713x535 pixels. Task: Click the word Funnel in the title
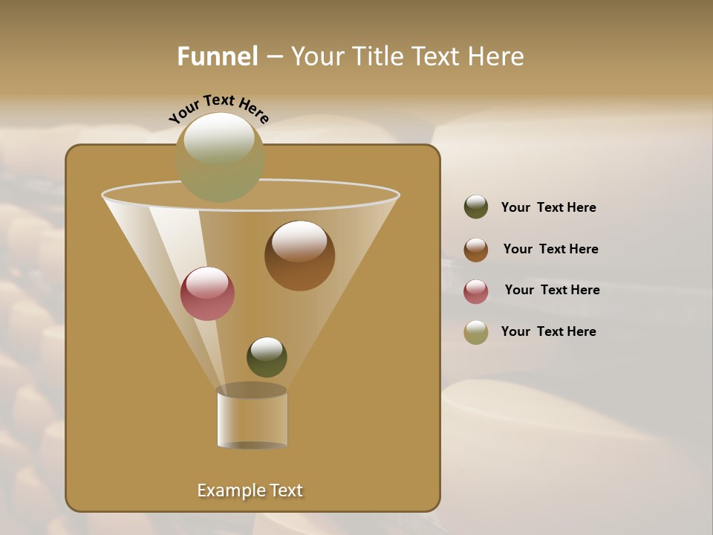point(217,56)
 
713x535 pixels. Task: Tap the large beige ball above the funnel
point(219,158)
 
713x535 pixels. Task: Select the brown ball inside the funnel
point(299,256)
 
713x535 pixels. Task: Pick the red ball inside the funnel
point(207,294)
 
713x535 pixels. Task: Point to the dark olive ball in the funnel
point(267,357)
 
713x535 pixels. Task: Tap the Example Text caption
point(250,490)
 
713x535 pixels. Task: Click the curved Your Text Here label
point(219,108)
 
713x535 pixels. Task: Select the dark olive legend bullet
point(476,207)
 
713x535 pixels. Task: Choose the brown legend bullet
point(476,250)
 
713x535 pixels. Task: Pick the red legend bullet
point(476,291)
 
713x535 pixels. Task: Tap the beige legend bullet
point(476,332)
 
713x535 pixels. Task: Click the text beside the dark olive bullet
point(548,208)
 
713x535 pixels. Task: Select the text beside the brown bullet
point(550,250)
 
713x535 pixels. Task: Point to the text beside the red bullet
point(552,291)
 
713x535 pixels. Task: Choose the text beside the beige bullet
point(548,332)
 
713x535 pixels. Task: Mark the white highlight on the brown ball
point(299,241)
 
